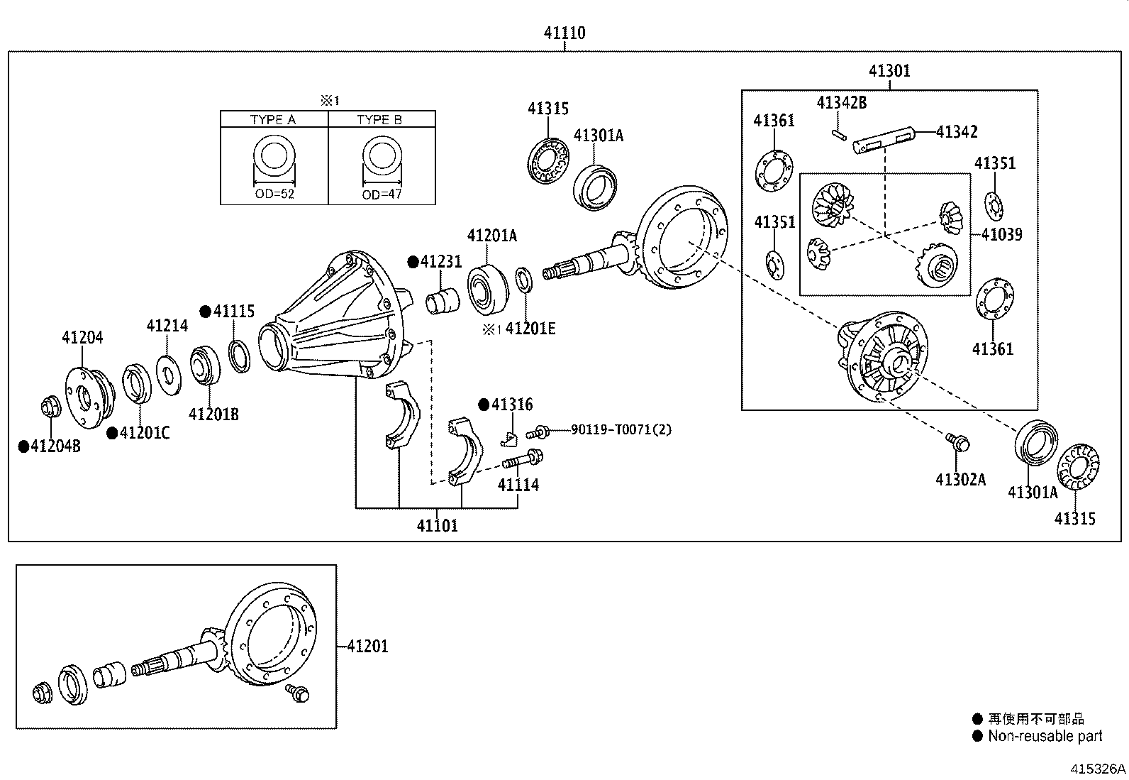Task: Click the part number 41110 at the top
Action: (x=564, y=33)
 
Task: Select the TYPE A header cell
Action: (x=273, y=119)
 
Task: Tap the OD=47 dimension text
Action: (x=382, y=194)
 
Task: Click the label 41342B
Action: (x=841, y=102)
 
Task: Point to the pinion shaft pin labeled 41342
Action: (x=885, y=138)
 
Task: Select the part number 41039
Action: (x=1001, y=234)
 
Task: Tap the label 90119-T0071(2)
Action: (x=621, y=429)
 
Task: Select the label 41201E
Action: (x=530, y=328)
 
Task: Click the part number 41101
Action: (x=437, y=526)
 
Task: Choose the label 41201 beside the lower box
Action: (x=367, y=647)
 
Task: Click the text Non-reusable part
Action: (x=1045, y=736)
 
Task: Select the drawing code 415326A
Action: (x=1098, y=769)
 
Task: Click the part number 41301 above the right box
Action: (x=889, y=71)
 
